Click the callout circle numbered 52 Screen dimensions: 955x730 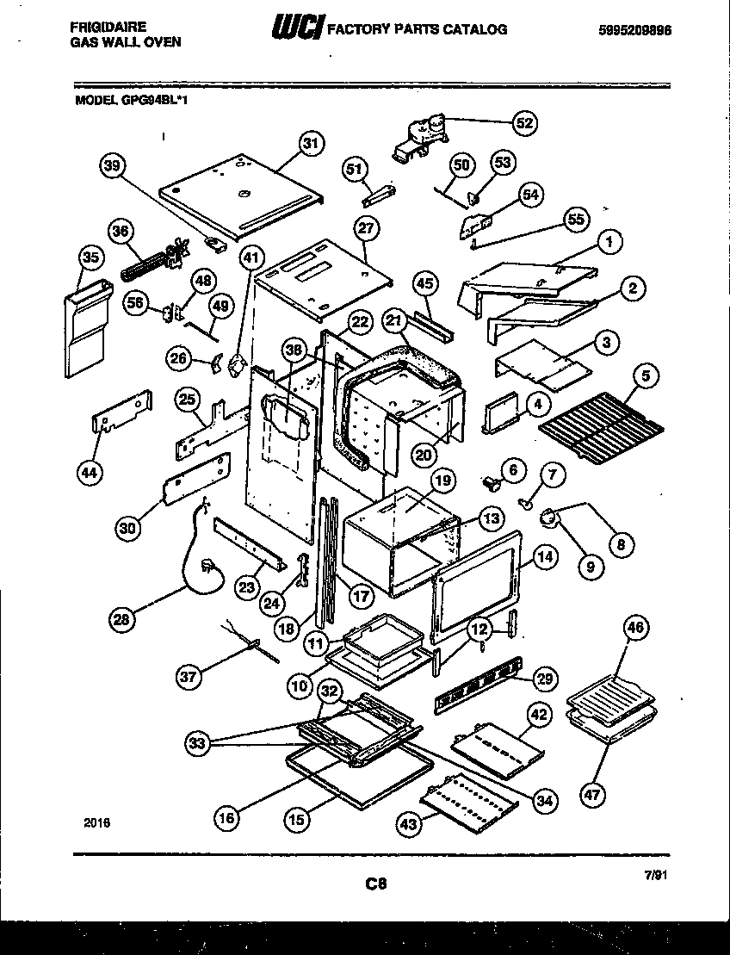[523, 123]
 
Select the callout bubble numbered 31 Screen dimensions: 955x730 [312, 144]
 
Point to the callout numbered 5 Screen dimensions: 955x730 [644, 376]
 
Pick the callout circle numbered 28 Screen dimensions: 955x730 [124, 618]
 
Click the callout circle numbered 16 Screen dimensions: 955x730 [226, 819]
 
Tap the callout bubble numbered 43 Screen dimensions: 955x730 [408, 824]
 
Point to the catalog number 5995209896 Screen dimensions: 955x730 [634, 29]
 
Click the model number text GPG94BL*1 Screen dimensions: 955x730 [154, 99]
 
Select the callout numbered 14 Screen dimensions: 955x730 [544, 556]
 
